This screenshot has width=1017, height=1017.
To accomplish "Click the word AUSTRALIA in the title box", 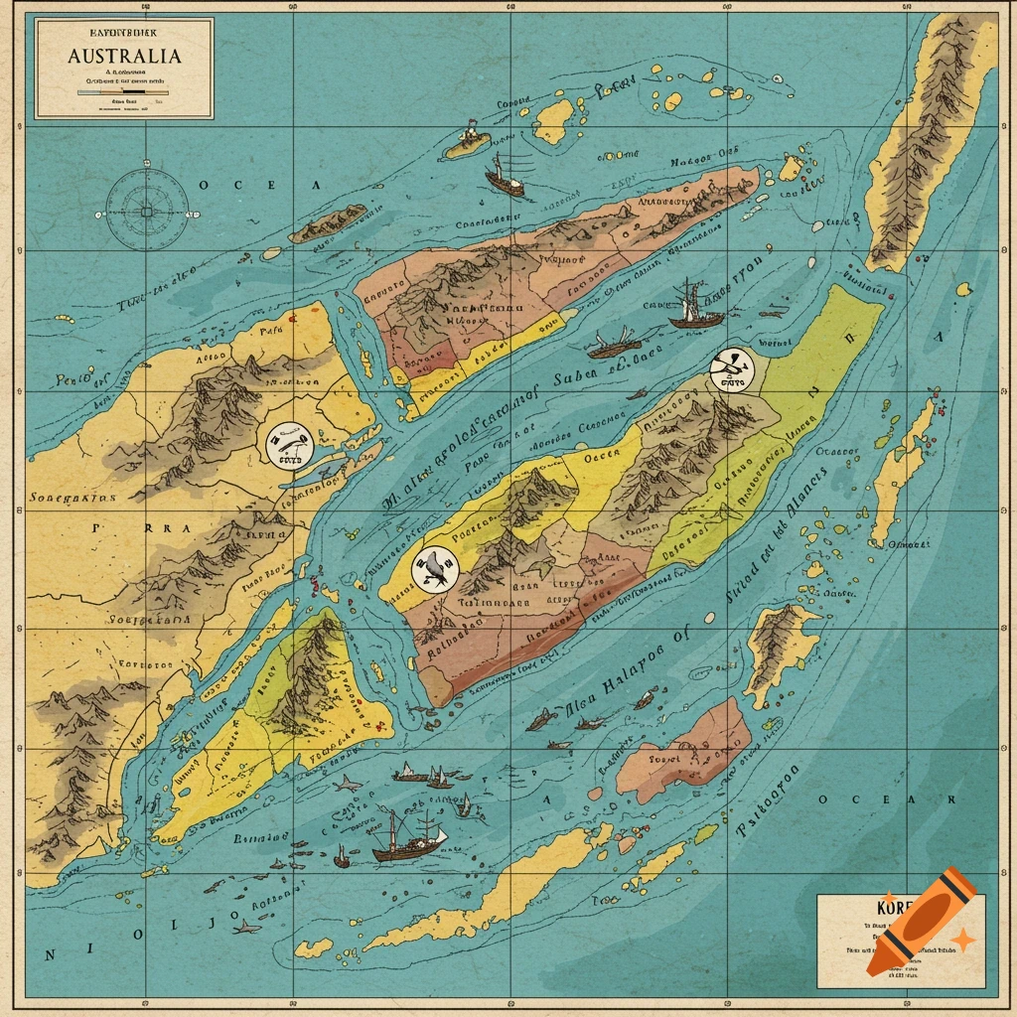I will [124, 56].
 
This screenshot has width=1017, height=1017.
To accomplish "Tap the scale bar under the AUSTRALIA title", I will [124, 91].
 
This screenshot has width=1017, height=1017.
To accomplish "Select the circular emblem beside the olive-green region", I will [732, 370].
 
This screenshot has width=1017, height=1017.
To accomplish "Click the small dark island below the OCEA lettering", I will [329, 223].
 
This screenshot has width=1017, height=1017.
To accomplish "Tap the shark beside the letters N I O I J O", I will [243, 928].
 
